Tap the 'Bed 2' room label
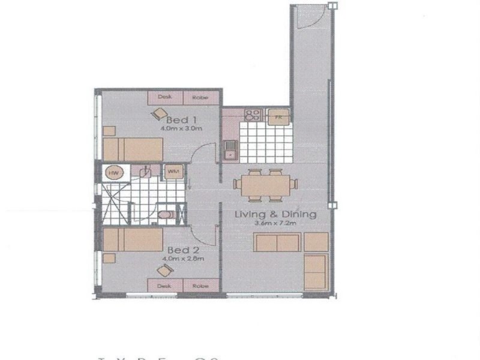click(x=179, y=249)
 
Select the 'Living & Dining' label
click(x=267, y=215)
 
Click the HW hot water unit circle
click(x=112, y=173)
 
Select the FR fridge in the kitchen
click(x=278, y=116)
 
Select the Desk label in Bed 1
click(x=164, y=97)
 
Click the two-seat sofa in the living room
click(x=277, y=243)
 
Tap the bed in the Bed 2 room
click(x=133, y=240)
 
